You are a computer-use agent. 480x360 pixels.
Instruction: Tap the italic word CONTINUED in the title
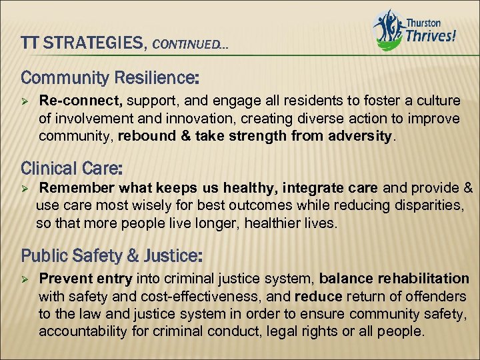pos(189,45)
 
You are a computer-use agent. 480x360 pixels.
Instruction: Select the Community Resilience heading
pos(110,77)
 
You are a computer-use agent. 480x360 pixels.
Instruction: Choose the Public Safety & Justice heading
pos(112,255)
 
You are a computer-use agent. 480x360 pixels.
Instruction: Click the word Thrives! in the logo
pos(431,36)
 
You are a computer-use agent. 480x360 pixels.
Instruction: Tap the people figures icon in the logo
pos(389,29)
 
